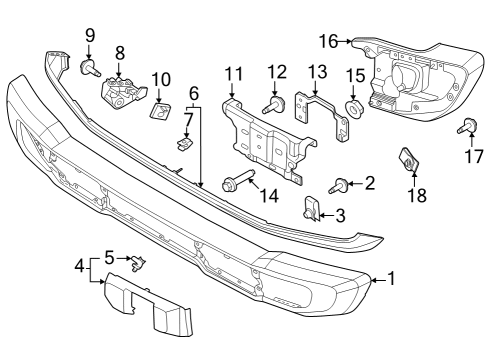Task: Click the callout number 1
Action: (x=391, y=279)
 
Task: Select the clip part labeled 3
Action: (x=312, y=209)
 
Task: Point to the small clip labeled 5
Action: (x=139, y=263)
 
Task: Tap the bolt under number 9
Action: (x=87, y=68)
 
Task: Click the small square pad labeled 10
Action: (x=159, y=110)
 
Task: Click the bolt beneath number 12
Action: (x=275, y=104)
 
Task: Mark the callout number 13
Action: (x=317, y=71)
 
